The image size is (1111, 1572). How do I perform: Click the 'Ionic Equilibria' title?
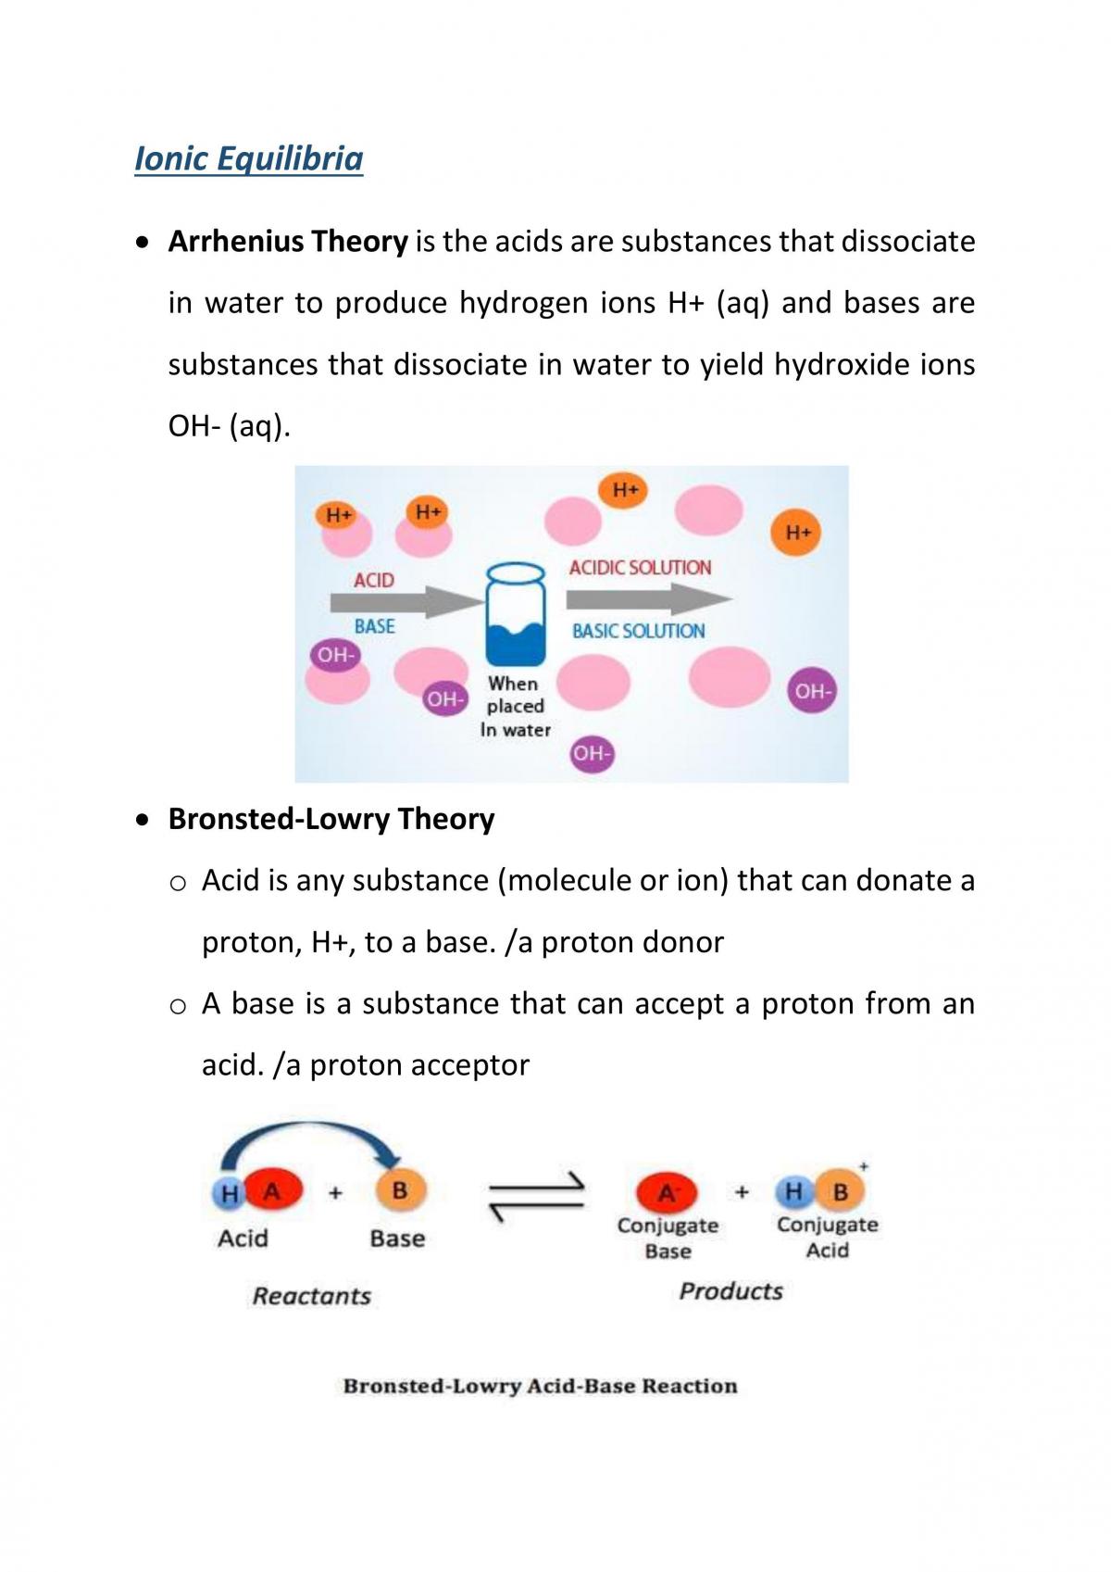[249, 158]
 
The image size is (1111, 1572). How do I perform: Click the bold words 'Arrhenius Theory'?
[288, 242]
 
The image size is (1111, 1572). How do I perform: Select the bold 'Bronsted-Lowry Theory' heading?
[331, 819]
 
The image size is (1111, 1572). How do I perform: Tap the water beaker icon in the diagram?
[516, 614]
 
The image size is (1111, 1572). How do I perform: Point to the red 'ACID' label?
[374, 581]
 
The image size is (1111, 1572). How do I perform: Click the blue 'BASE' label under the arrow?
[375, 626]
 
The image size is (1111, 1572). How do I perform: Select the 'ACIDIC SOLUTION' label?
[640, 568]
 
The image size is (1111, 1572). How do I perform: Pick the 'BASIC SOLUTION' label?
[638, 631]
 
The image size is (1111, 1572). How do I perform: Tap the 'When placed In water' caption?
[516, 706]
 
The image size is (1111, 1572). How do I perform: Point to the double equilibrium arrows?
[537, 1196]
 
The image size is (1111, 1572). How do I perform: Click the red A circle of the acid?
[273, 1191]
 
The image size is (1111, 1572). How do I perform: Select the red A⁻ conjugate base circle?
[667, 1192]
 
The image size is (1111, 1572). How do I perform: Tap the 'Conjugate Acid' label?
[827, 1238]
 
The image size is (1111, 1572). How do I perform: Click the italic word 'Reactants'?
[311, 1296]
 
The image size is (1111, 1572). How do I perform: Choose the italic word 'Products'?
[730, 1291]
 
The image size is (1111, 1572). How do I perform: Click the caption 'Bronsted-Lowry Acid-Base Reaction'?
[540, 1386]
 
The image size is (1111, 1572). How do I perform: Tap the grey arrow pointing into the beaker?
[406, 602]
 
